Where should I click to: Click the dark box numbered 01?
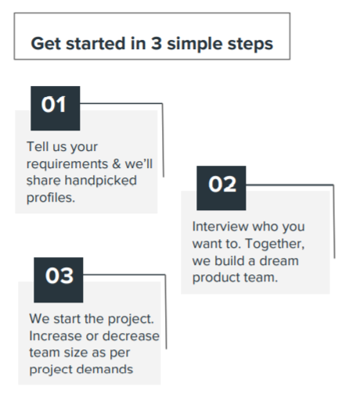tap(56, 108)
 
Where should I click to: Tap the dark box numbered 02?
tap(221, 188)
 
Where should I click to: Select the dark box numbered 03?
tap(59, 280)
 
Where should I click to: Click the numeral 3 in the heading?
tap(157, 43)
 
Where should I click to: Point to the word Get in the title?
tap(46, 43)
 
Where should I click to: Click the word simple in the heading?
tap(195, 44)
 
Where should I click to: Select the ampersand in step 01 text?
tap(117, 164)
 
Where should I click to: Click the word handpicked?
tap(100, 181)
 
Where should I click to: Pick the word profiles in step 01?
tap(51, 198)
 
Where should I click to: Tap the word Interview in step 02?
tap(220, 226)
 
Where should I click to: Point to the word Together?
tap(275, 244)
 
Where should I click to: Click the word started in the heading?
tap(95, 43)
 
